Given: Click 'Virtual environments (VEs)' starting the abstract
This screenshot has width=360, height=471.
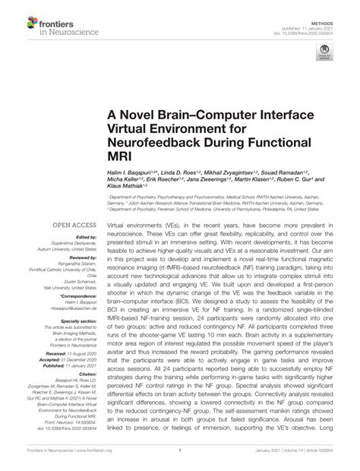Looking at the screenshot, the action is [144, 226].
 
